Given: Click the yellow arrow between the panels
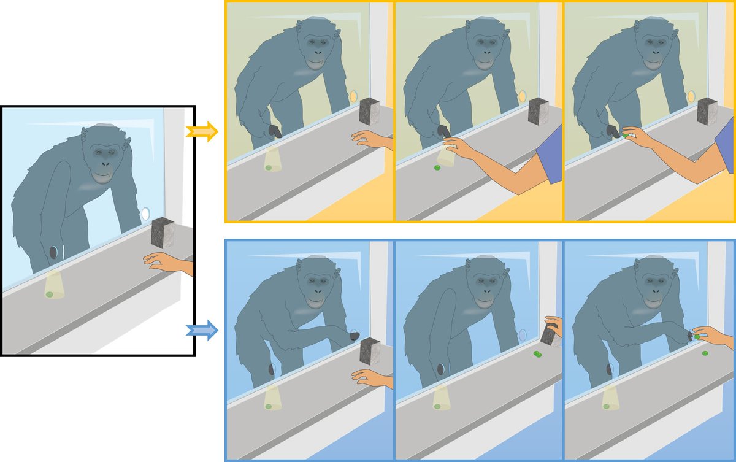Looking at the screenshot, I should tap(202, 131).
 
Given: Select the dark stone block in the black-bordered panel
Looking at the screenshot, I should tap(164, 233).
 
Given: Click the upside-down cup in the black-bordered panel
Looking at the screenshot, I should tap(54, 285).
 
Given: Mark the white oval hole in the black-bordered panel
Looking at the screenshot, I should tap(145, 214).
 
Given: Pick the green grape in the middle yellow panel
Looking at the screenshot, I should tap(437, 167).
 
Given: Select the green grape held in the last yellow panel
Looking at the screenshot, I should tap(626, 134).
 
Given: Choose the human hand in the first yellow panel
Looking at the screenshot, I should tap(368, 139).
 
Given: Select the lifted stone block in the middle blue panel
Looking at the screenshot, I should tap(549, 335).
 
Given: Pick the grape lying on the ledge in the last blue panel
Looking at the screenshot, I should tap(704, 353).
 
